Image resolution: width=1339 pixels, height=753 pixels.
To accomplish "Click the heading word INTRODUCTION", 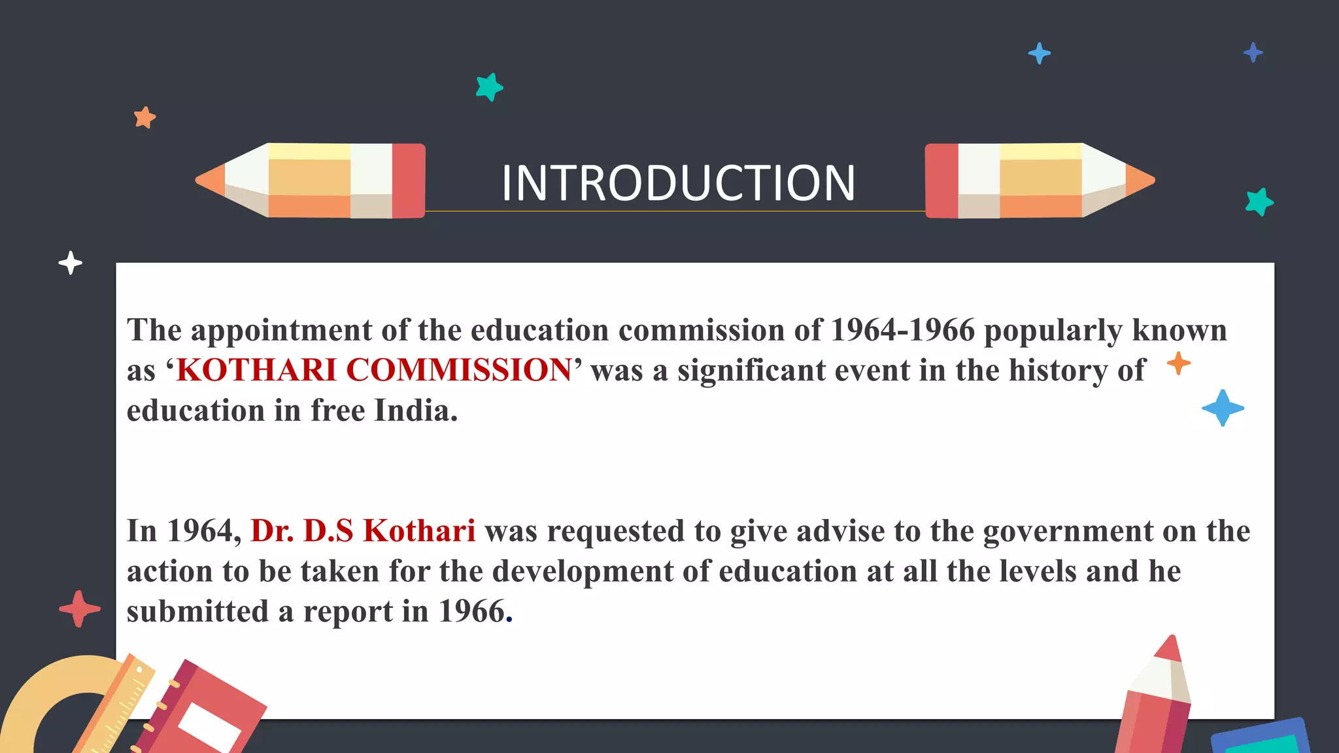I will point(678,183).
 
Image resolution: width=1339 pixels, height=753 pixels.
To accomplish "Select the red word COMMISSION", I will point(459,370).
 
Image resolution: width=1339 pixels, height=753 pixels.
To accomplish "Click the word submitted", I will point(197,612).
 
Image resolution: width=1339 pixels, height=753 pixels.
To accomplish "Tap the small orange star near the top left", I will point(144,118).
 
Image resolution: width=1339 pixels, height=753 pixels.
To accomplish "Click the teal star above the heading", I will point(489,87).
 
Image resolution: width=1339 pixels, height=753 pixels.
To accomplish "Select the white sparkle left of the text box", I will point(70,263).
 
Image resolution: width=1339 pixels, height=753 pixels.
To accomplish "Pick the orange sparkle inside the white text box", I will point(1178,363).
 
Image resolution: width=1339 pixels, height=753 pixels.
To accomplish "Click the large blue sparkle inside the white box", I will point(1223,409).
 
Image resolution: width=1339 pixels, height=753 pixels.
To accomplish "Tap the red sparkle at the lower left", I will point(79,609).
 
